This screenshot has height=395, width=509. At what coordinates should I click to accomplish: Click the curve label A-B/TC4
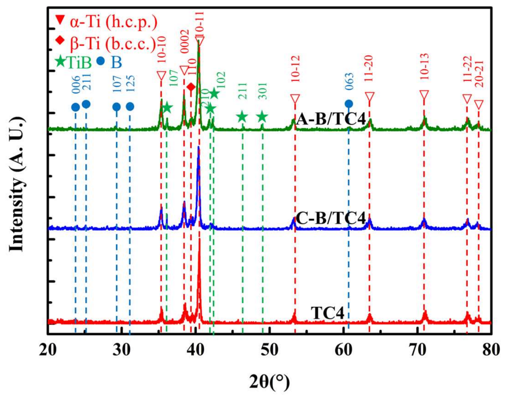point(331,119)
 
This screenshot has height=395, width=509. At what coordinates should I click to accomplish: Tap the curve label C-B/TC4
point(331,218)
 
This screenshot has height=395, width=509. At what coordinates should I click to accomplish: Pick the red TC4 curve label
point(328,313)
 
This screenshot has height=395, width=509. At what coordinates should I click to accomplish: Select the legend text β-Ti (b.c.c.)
point(113,43)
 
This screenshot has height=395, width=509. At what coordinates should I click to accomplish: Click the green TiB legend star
point(61,62)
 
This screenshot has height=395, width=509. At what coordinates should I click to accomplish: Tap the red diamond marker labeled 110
point(191,87)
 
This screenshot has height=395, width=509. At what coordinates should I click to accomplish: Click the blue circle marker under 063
point(349,104)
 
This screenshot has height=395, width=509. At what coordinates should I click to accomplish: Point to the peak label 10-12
point(295,69)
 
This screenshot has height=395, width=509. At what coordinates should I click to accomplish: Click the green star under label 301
point(262,117)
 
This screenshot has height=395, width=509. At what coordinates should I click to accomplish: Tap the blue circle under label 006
point(76,107)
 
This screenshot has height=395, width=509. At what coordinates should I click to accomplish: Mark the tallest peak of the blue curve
point(198,147)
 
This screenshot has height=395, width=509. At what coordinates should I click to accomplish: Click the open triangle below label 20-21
point(479,104)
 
